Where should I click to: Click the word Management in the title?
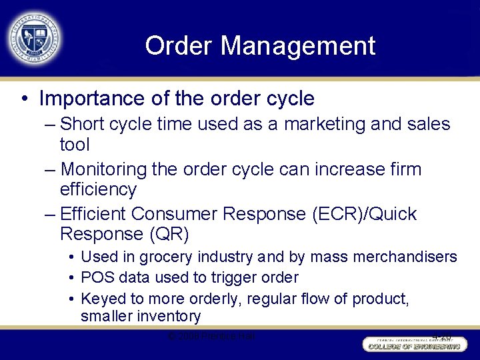click(x=298, y=46)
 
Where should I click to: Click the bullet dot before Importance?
click(x=24, y=99)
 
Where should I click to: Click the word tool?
click(x=74, y=145)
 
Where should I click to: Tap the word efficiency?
click(x=97, y=189)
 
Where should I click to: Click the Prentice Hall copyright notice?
click(x=211, y=335)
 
